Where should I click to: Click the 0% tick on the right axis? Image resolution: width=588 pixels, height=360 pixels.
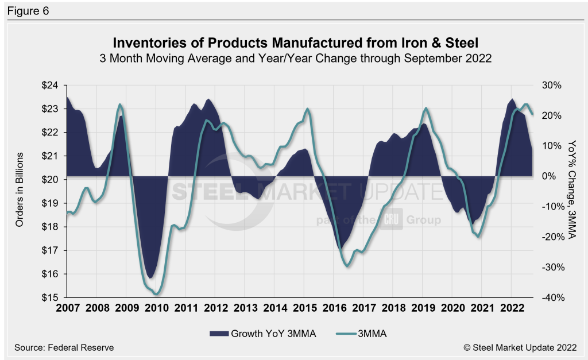(548, 176)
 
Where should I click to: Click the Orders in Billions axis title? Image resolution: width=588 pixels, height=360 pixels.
(20, 189)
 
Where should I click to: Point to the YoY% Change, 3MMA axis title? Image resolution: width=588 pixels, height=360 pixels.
(571, 189)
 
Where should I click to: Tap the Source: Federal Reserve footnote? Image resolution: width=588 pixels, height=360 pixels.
(60, 347)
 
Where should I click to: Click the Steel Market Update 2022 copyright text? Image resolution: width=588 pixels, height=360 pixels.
(520, 347)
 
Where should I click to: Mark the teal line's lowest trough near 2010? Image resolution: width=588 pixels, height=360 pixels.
(156, 295)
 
